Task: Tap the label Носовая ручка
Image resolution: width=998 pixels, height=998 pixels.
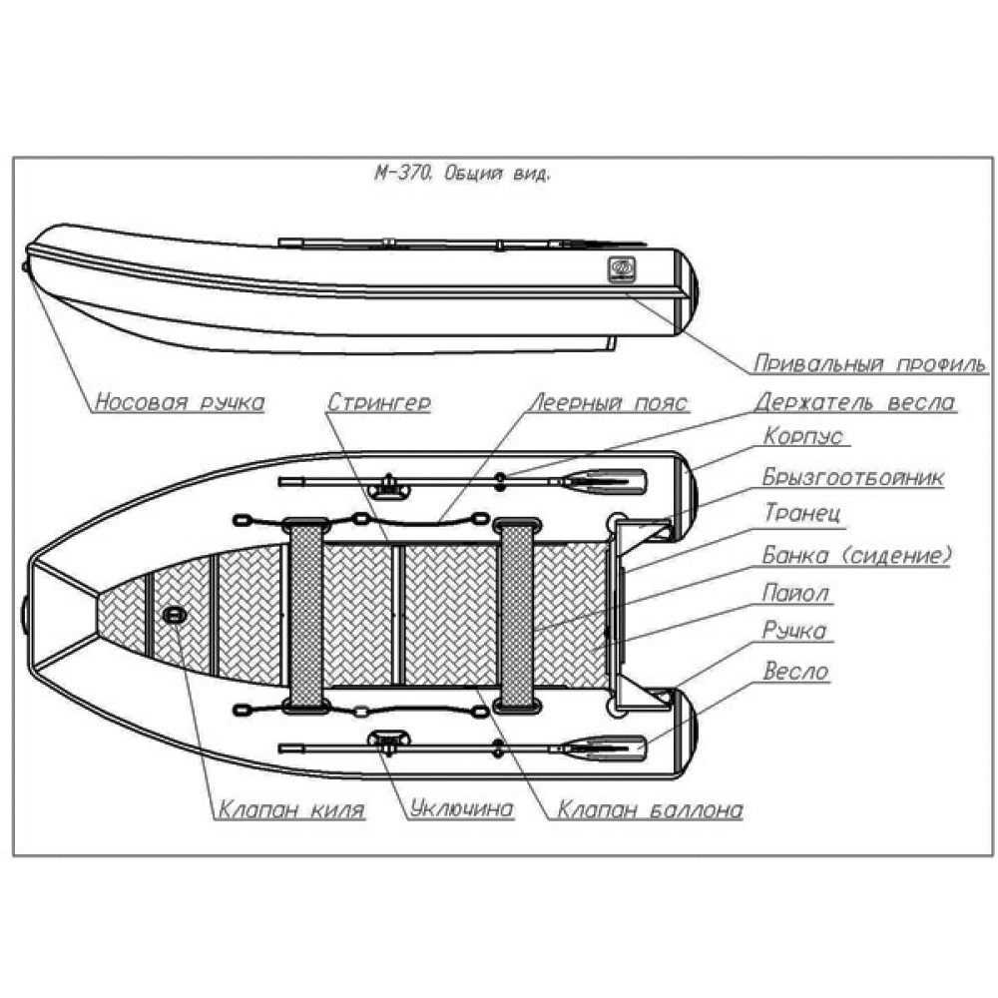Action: [x=180, y=402]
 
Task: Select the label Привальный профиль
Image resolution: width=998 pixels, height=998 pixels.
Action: [x=869, y=362]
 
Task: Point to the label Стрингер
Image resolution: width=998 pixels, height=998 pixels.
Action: [x=378, y=402]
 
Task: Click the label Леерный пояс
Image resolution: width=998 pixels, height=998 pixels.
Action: [x=608, y=402]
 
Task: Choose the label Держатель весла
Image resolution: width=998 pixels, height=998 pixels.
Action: [x=854, y=402]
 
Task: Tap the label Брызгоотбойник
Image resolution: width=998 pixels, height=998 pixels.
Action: [x=852, y=476]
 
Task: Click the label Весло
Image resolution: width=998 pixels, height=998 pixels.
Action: [x=795, y=671]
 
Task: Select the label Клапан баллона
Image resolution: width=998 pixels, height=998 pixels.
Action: [x=650, y=809]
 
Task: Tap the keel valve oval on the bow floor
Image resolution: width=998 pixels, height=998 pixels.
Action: [x=174, y=617]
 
